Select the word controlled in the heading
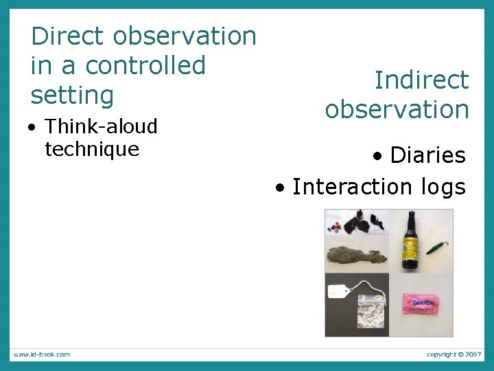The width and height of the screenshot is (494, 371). (145, 65)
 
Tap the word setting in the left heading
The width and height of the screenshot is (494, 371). (72, 95)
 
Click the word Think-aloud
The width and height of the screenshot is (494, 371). (101, 126)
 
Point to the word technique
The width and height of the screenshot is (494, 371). (91, 148)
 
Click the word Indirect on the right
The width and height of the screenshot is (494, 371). (421, 80)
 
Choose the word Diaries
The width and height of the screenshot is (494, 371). (427, 155)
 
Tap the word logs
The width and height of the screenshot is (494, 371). (439, 186)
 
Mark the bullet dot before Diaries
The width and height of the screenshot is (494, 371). (378, 157)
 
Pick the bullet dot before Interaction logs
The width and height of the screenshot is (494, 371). (279, 188)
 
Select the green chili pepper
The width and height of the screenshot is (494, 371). (436, 247)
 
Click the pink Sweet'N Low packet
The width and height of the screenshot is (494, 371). (421, 303)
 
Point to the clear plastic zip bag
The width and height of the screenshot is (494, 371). (369, 313)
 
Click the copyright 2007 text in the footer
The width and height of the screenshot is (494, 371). (454, 355)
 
